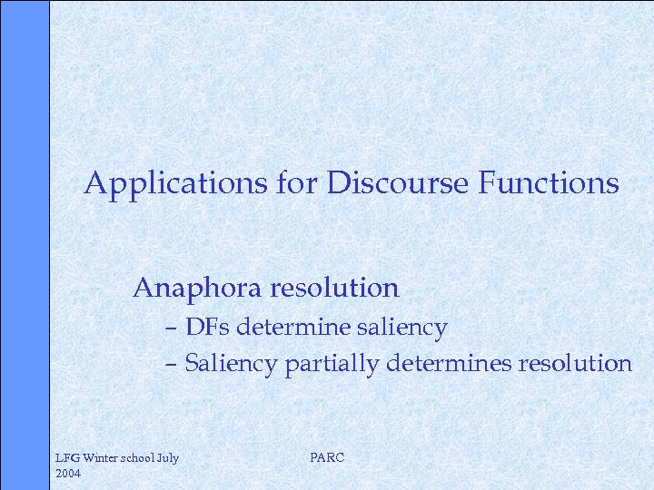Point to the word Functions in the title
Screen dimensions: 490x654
tap(545, 184)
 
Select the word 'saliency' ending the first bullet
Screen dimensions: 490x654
tap(406, 328)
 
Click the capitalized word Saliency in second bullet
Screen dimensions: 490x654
tap(231, 364)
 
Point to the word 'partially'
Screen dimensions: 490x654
tap(332, 364)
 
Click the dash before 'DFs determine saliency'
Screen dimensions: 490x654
tap(171, 328)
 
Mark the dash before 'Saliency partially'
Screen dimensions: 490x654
tap(171, 365)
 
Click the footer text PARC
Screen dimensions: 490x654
tap(327, 458)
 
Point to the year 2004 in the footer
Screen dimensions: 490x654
tap(69, 474)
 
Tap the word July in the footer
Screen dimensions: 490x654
tap(168, 458)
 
